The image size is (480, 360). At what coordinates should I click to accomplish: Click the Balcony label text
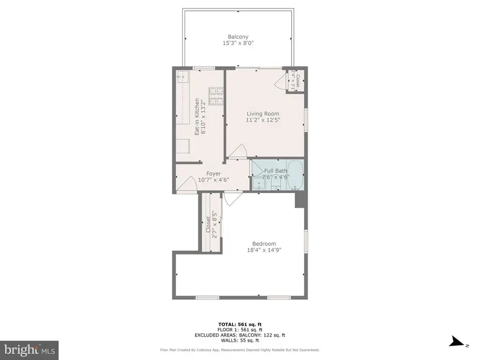point(238,37)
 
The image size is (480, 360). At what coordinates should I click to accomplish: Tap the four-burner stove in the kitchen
point(215,96)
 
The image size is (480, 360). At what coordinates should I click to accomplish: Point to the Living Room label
point(262,114)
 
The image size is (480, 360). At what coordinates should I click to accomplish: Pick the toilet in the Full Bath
point(276,185)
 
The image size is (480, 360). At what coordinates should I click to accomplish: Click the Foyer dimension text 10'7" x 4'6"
point(213,180)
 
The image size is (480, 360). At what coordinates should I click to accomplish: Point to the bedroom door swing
point(231,199)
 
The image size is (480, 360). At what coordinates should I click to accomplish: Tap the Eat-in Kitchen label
point(197,117)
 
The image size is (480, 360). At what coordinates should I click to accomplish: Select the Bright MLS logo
point(29,350)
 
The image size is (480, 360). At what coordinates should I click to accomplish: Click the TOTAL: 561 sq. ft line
point(239,324)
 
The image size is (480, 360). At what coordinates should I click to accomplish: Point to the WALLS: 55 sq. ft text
point(239,340)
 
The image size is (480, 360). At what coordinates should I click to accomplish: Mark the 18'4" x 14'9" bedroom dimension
point(263,250)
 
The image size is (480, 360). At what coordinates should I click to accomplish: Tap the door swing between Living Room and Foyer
point(238,151)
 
